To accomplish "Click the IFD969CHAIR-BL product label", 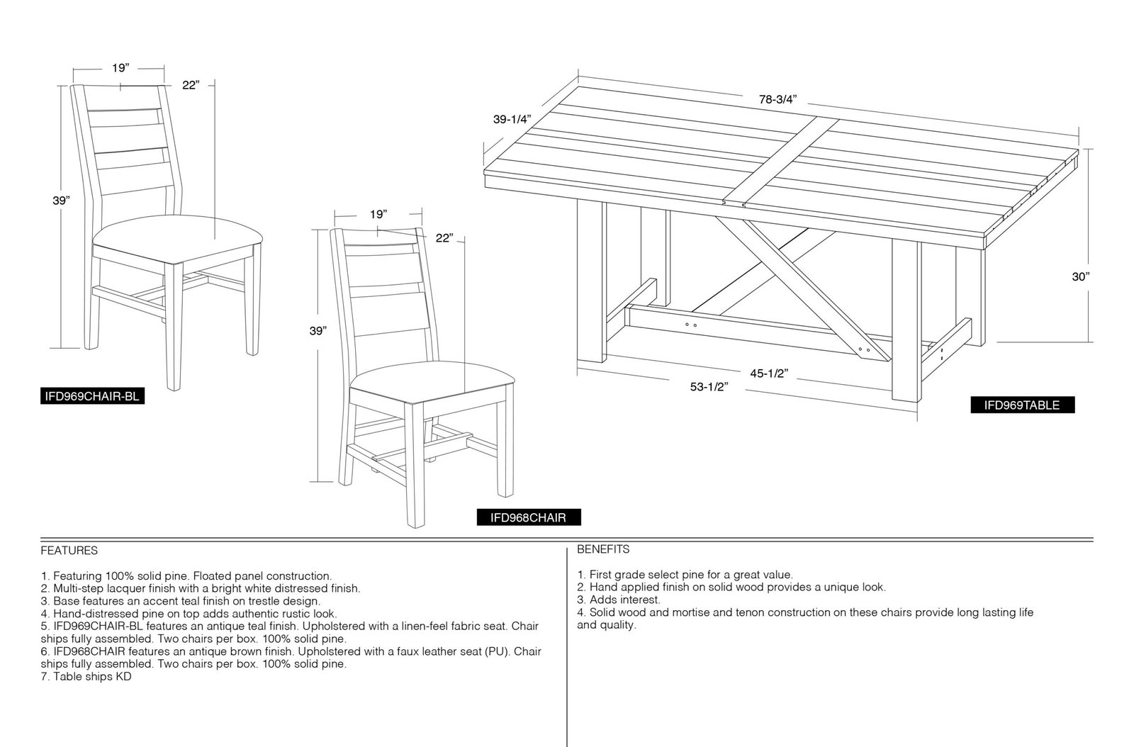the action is pos(93,395).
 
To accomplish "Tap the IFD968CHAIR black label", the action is pos(529,517).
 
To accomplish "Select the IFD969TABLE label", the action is pos(1022,405).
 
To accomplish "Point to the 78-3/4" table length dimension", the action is pos(778,99).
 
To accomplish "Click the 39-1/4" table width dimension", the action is pos(512,120).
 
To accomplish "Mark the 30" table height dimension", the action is pos(1081,276).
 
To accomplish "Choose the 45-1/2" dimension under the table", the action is pos(769,373).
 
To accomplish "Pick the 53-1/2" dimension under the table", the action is pos(709,387).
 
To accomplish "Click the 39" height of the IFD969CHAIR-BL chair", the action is pos(61,201).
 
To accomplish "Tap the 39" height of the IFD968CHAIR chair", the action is pos(318,331).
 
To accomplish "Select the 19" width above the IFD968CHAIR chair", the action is pos(378,214).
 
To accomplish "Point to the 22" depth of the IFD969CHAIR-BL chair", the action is pos(191,85).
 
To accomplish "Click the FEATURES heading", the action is pos(69,550).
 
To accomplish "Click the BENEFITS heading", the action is pos(603,549).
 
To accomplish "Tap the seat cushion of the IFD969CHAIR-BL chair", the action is pos(177,237).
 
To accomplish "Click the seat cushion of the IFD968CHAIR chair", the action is pos(432,382).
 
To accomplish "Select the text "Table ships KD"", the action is pos(92,677).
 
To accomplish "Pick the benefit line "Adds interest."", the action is pos(624,600).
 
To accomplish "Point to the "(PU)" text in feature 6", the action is pos(497,651).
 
